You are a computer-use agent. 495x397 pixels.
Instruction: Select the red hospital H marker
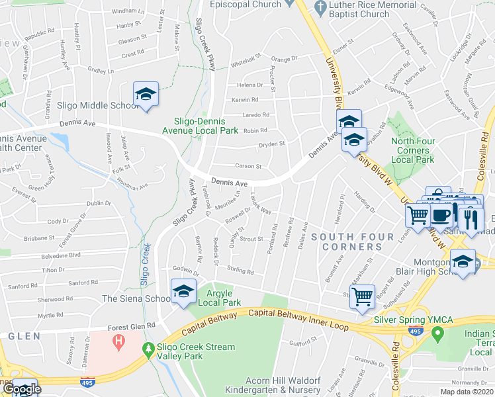(x=119, y=343)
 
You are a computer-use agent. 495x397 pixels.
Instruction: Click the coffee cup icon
(x=441, y=214)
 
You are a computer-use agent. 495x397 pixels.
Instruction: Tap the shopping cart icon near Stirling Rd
(x=362, y=297)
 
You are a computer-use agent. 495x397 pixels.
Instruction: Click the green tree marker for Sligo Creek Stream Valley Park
(x=150, y=348)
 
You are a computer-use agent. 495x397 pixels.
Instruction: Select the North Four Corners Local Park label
(x=412, y=150)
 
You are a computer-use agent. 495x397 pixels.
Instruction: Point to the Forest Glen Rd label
(x=133, y=326)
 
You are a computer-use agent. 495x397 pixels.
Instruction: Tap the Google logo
(x=21, y=388)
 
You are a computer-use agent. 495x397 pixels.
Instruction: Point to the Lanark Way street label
(x=261, y=204)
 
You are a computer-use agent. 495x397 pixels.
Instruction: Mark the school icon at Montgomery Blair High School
(x=463, y=262)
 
